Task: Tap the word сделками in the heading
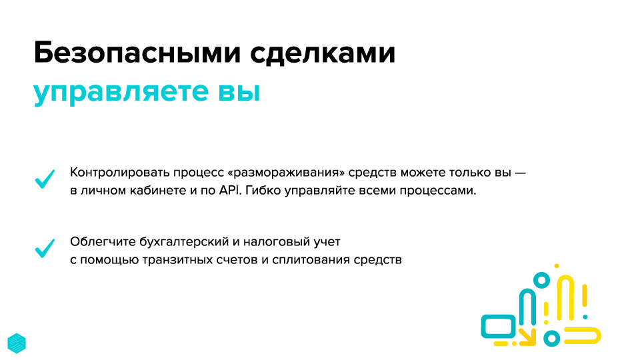pos(323,53)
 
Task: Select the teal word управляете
pos(121,92)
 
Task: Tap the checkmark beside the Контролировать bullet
pos(45,179)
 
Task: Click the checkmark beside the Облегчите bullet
pos(45,248)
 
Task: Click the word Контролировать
pos(119,173)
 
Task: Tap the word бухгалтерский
pos(184,242)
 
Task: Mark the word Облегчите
pos(103,241)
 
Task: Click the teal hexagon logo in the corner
pos(17,343)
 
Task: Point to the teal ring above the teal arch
pos(541,281)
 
